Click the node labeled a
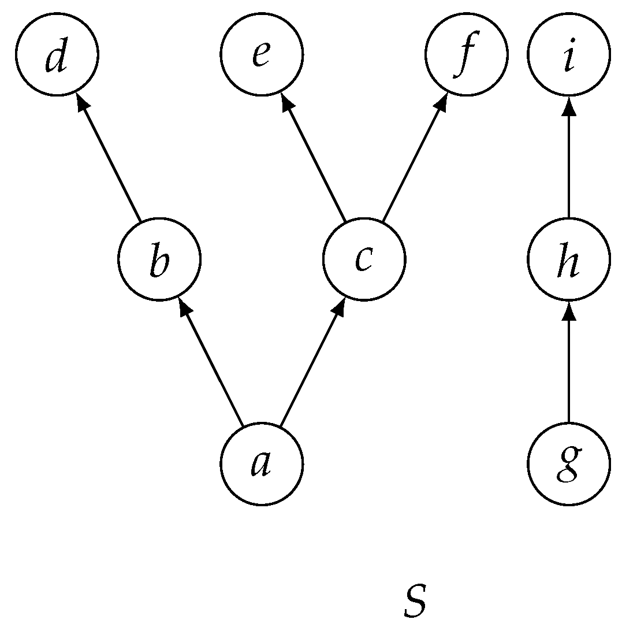pyautogui.click(x=262, y=463)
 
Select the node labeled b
pyautogui.click(x=159, y=258)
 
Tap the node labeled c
pyautogui.click(x=364, y=258)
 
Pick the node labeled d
pyautogui.click(x=57, y=54)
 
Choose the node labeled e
pyautogui.click(x=262, y=54)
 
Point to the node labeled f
pyautogui.click(x=466, y=54)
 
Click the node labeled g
pyautogui.click(x=569, y=463)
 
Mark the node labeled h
pyautogui.click(x=569, y=258)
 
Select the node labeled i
pyautogui.click(x=569, y=54)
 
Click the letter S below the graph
pyautogui.click(x=415, y=602)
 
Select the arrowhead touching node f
pyautogui.click(x=442, y=102)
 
